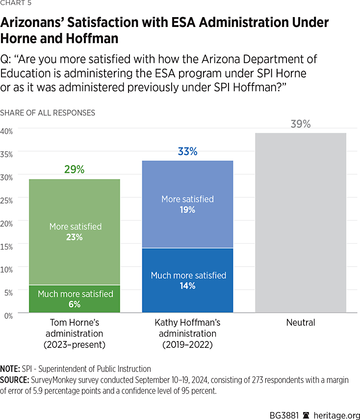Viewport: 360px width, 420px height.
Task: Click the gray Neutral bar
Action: click(300, 223)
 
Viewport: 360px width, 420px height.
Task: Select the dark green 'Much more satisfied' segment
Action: click(75, 299)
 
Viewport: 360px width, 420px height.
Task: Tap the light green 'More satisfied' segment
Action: click(75, 232)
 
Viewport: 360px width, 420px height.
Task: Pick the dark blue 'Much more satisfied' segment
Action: click(187, 280)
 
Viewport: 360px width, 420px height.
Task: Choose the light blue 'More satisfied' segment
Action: click(187, 204)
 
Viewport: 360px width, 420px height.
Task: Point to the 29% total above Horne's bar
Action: click(75, 170)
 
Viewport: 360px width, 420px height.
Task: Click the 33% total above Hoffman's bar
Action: click(187, 152)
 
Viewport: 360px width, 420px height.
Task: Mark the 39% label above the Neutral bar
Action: click(300, 124)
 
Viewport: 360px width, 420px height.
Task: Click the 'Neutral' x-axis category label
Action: click(300, 323)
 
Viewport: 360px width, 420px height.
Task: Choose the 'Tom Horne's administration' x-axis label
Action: click(75, 334)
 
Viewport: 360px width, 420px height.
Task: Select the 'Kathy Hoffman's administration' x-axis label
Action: click(187, 334)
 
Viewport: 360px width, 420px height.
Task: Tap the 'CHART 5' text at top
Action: click(16, 5)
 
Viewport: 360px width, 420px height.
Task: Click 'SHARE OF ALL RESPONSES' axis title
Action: click(48, 113)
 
